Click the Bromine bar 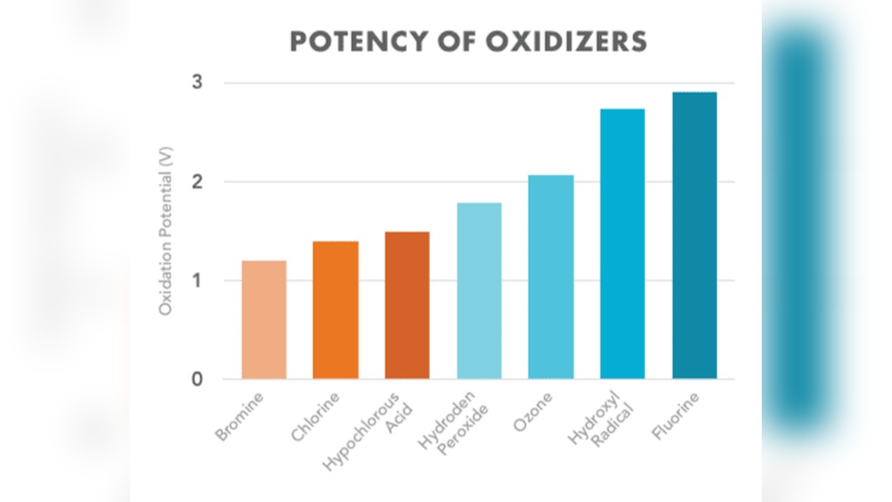pyautogui.click(x=264, y=319)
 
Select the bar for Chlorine pyautogui.click(x=335, y=309)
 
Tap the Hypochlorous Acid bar pyautogui.click(x=407, y=305)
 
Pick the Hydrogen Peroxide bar pyautogui.click(x=479, y=291)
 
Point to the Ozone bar pyautogui.click(x=550, y=276)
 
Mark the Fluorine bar pyautogui.click(x=694, y=235)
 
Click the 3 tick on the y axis pyautogui.click(x=198, y=83)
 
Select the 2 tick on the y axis pyautogui.click(x=198, y=182)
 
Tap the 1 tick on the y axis pyautogui.click(x=198, y=281)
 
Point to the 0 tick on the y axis pyautogui.click(x=198, y=380)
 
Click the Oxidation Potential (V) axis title pyautogui.click(x=165, y=231)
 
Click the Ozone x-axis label pyautogui.click(x=534, y=411)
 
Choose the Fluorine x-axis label pyautogui.click(x=675, y=416)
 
